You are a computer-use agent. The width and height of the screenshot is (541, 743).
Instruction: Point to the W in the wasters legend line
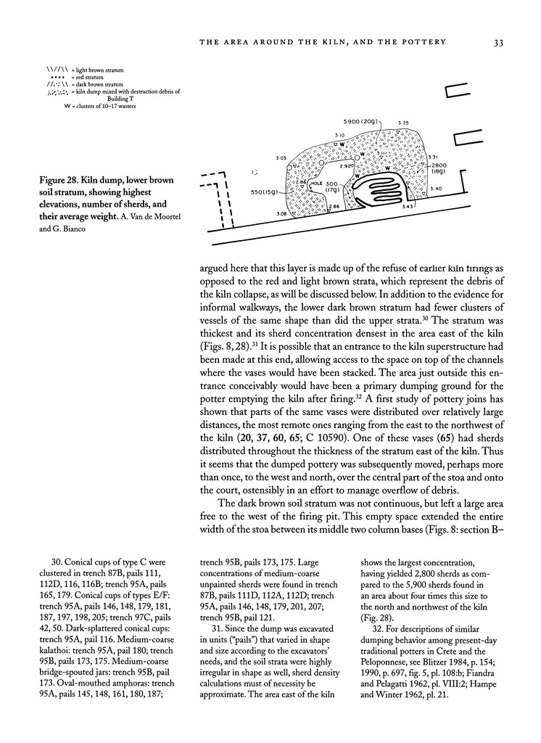67,107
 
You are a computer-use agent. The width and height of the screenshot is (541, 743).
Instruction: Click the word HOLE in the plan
316,184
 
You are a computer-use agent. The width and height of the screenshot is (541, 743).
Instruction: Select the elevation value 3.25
403,123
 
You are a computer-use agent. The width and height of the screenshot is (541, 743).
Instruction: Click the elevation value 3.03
281,157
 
